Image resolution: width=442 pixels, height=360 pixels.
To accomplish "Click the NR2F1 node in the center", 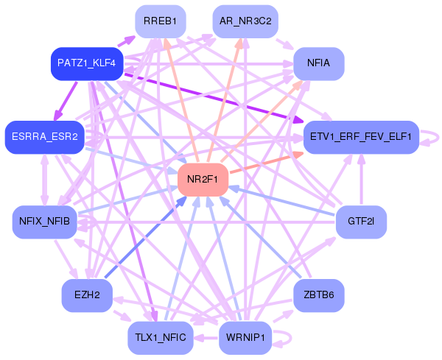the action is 203,180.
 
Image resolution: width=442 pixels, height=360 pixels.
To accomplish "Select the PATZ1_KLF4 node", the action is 87,63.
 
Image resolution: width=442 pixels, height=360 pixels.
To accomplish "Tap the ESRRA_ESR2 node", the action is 44,137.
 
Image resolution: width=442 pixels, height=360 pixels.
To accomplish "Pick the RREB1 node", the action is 161,21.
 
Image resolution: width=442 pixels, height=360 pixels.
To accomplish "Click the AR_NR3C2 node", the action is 245,21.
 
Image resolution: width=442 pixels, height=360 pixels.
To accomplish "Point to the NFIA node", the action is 319,63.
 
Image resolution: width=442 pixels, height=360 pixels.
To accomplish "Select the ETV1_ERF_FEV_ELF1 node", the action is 362,137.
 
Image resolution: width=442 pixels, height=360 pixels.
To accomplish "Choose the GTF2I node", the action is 362,222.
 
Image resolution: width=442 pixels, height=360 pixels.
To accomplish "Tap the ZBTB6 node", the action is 319,295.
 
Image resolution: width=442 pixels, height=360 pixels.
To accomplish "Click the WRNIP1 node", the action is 245,338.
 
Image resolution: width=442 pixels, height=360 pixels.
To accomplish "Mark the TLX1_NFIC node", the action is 161,338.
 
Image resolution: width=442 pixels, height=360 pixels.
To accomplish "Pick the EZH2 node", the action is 87,295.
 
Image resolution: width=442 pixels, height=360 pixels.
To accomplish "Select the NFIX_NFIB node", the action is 44,222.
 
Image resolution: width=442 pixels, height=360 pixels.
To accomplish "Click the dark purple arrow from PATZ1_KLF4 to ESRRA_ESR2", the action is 65,101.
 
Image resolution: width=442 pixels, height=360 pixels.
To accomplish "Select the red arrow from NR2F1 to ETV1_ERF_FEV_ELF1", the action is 267,163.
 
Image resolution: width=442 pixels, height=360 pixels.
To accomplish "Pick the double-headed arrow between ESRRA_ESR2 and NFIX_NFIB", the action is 44,180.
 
